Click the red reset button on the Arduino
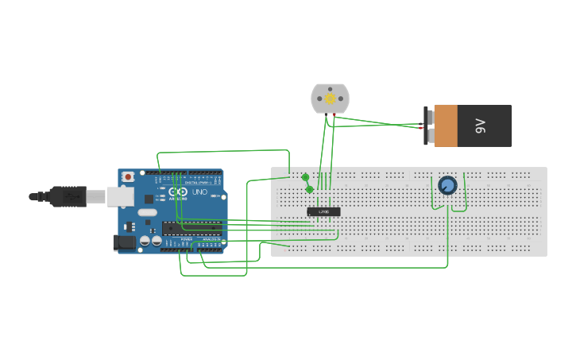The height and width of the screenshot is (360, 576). pos(127,177)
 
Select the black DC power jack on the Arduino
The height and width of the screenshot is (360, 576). pos(123,242)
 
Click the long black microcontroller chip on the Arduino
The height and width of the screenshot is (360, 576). pos(191,229)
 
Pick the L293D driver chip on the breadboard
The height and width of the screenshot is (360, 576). pos(323,211)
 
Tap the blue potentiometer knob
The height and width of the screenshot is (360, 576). pos(447,186)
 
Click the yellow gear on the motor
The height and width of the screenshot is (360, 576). pos(330,98)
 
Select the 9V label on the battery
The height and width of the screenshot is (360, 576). pos(480,126)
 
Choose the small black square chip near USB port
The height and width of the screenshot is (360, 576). pos(149,198)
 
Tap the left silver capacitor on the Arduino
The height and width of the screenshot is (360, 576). pos(145,240)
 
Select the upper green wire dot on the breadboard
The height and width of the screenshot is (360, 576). pos(305,177)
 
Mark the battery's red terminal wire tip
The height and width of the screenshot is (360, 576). pos(422,127)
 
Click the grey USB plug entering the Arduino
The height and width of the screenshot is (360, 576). pos(95,196)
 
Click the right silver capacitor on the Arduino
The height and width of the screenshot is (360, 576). pos(156,240)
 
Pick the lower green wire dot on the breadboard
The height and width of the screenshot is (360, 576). pos(309,189)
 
